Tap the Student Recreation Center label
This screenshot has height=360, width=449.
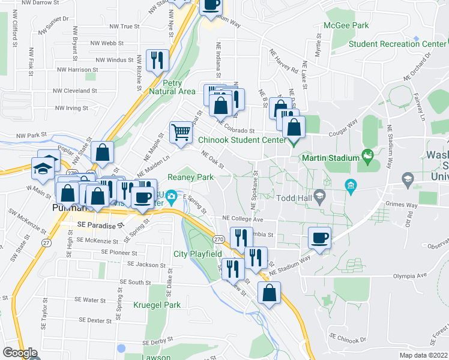397,44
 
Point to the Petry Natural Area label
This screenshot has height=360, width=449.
179,87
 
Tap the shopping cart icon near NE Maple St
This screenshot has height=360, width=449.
181,131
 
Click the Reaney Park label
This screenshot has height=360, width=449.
191,178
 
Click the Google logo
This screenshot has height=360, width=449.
20,352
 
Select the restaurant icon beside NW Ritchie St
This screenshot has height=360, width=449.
157,59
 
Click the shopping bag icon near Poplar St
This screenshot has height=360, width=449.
103,152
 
